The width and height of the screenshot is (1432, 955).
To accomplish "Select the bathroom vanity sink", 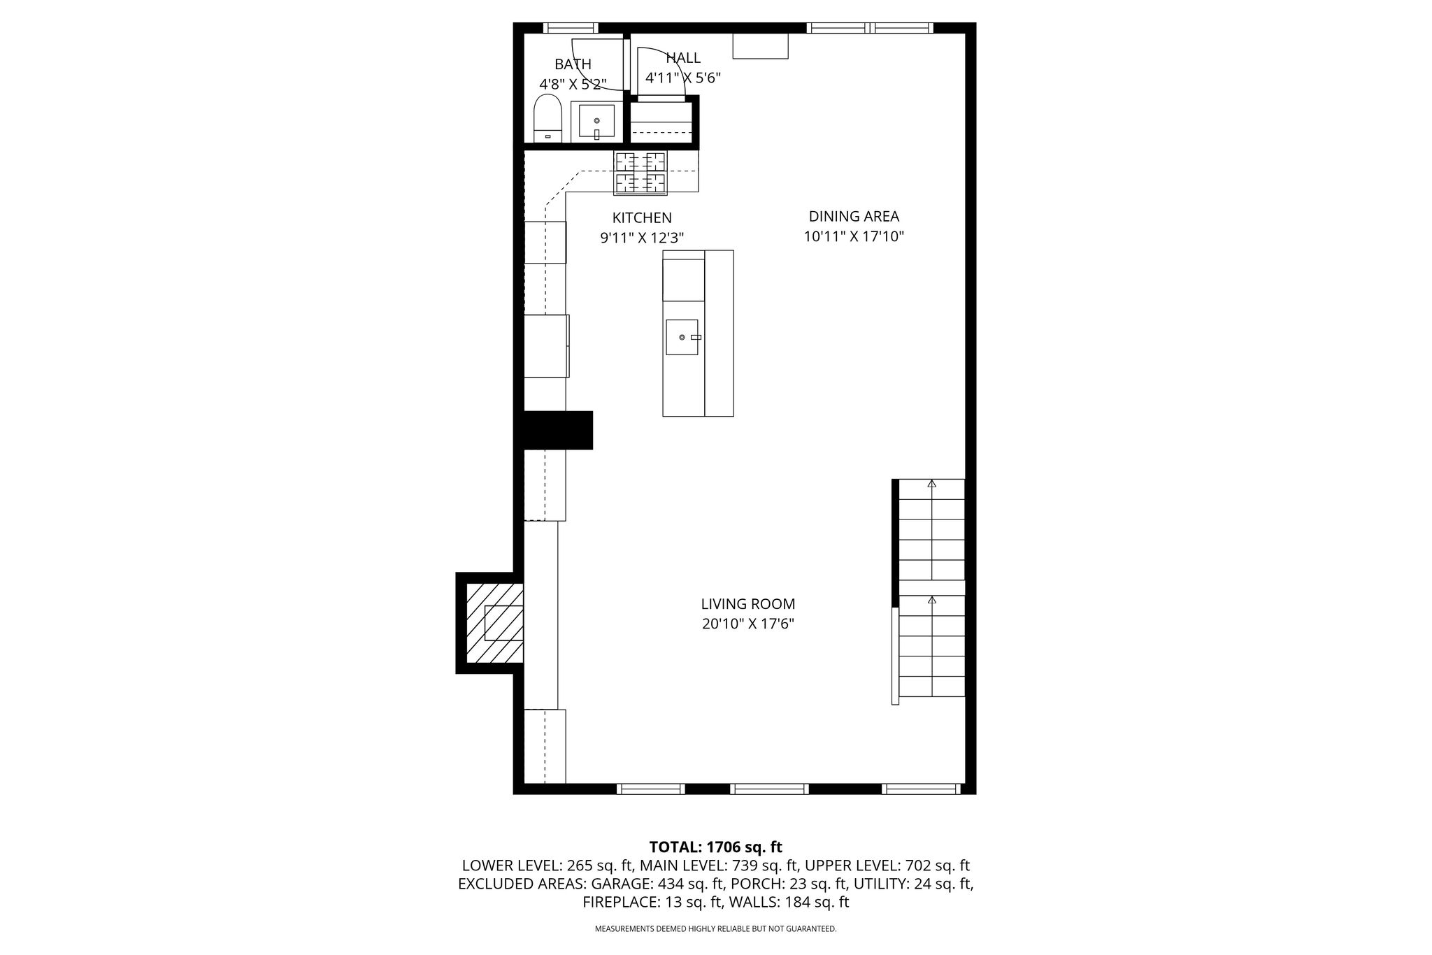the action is [x=596, y=122].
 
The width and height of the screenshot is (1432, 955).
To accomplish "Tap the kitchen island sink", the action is [x=682, y=337].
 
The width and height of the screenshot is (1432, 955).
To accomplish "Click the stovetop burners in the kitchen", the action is [x=640, y=172].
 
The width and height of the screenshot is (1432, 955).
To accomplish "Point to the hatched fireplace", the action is [x=495, y=623].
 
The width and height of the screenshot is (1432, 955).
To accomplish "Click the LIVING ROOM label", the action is [x=748, y=604].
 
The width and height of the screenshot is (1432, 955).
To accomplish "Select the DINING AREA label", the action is [x=854, y=217].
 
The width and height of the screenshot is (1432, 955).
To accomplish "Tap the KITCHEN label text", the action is [x=642, y=218].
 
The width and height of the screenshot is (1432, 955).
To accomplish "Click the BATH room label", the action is [x=573, y=64].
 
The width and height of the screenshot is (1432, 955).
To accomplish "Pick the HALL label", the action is [x=683, y=58].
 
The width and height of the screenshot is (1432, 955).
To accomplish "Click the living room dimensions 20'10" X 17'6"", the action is [x=748, y=624].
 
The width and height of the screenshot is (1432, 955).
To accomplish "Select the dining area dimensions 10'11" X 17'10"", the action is [x=854, y=236].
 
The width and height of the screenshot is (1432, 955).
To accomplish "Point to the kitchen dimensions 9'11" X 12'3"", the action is [x=642, y=238].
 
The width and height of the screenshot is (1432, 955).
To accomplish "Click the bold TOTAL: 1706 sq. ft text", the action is [x=715, y=847].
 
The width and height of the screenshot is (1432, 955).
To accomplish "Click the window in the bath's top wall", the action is [x=571, y=28].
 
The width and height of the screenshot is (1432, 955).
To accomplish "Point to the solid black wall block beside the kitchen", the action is [x=554, y=430].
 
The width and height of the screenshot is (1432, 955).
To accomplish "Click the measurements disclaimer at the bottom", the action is [x=715, y=929].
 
